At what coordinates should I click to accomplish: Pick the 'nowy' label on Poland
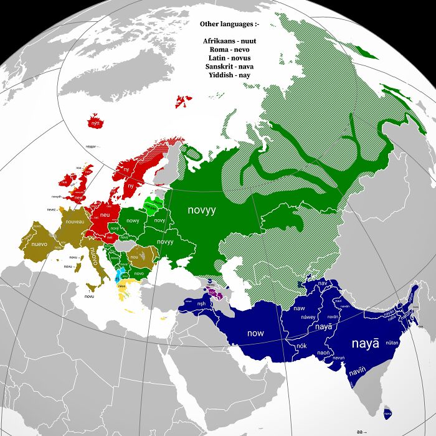coord(133,220)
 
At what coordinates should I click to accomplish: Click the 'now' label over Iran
coord(255,333)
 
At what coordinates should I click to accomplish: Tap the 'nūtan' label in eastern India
coord(392,343)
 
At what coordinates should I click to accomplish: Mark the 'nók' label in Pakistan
coord(301,345)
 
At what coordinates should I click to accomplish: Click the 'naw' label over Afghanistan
coord(299,308)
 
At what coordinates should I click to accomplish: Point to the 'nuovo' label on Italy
coord(95,255)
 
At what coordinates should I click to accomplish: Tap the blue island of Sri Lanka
coord(387,411)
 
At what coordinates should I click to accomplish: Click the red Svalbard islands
coord(183,101)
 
